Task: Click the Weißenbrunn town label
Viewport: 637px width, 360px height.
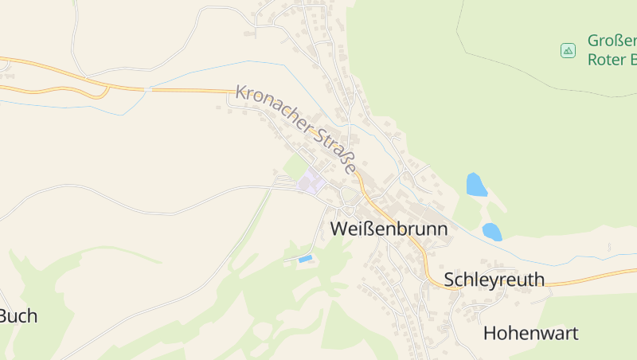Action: [x=389, y=229]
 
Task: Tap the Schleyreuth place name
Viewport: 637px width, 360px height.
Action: [x=494, y=279]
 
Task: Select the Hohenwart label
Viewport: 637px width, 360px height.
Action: [x=530, y=333]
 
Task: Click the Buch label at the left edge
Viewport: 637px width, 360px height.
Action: [x=18, y=316]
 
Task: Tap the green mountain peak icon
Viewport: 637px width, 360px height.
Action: [x=568, y=50]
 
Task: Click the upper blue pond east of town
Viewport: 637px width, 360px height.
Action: [x=475, y=185]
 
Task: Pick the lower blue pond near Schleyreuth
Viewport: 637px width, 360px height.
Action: [x=491, y=232]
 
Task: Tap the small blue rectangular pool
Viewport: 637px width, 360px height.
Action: [x=304, y=259]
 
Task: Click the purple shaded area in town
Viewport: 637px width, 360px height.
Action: [x=311, y=182]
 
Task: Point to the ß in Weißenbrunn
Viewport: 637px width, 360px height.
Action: [x=361, y=229]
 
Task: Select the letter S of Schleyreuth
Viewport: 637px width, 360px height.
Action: [x=450, y=280]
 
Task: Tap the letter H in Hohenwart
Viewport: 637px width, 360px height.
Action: [x=490, y=333]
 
